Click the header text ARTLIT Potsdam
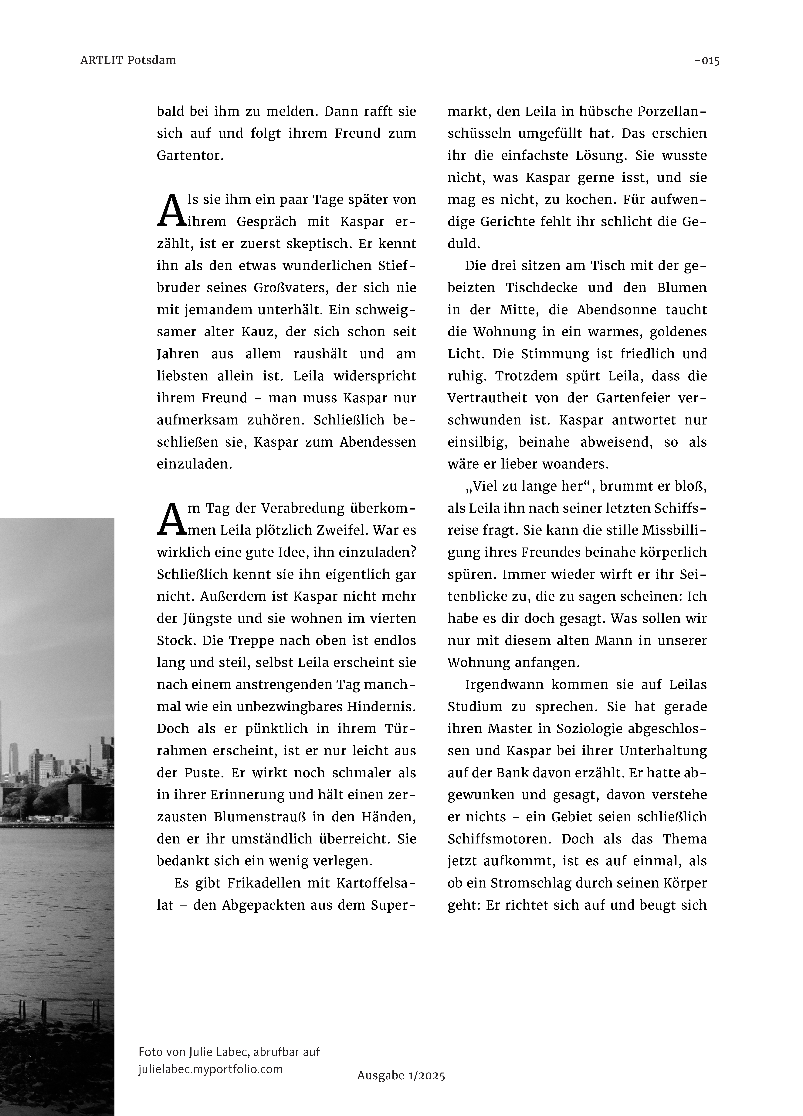(128, 60)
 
